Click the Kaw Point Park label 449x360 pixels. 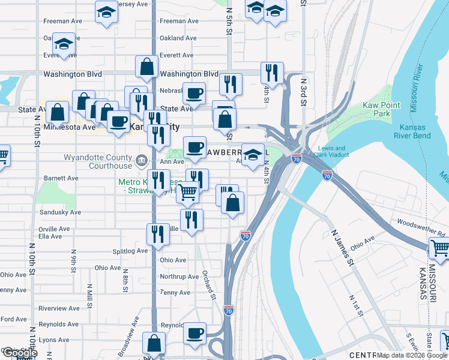(x=382, y=109)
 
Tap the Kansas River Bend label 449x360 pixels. (x=411, y=131)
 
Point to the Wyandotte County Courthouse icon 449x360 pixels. (x=142, y=160)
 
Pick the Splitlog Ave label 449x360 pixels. (x=130, y=251)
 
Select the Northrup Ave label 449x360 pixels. (x=179, y=277)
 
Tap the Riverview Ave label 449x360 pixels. (x=59, y=308)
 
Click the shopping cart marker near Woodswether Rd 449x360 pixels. (x=440, y=248)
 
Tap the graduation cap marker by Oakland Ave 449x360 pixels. (x=63, y=44)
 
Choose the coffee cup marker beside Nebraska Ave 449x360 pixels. (x=194, y=93)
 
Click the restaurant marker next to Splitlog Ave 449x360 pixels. (x=157, y=233)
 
